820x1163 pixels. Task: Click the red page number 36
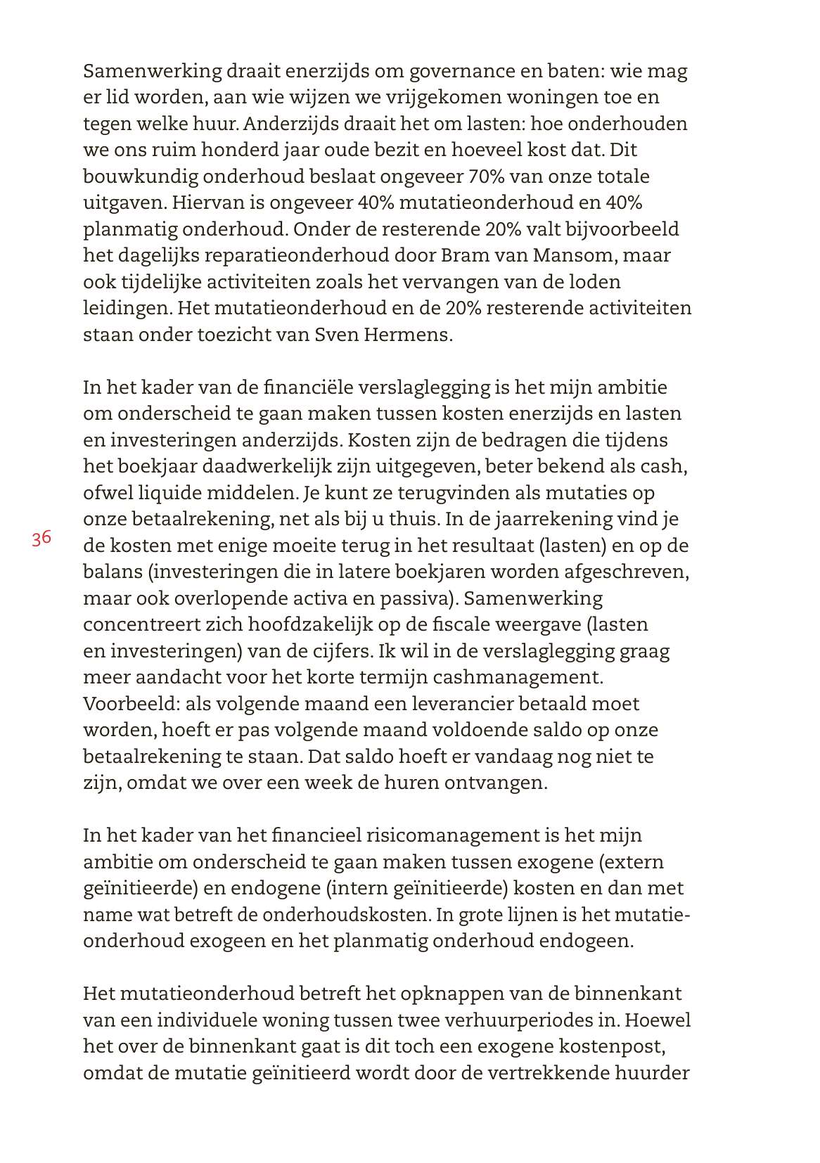click(x=41, y=539)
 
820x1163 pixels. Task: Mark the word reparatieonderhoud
click(x=300, y=255)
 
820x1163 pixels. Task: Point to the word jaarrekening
click(x=554, y=519)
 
